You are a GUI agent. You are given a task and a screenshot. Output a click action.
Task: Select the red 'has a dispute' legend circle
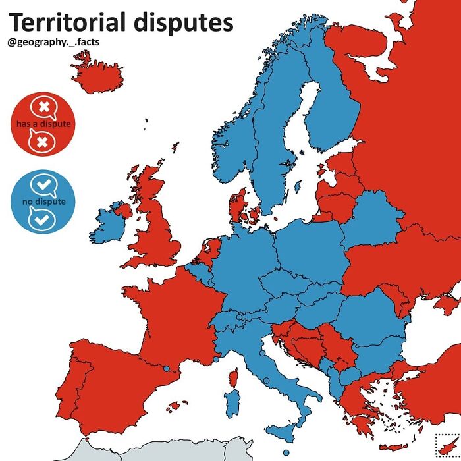pyautogui.click(x=43, y=124)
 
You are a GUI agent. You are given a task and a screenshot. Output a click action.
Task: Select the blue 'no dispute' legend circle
pyautogui.click(x=43, y=201)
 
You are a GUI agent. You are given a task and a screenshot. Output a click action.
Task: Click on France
pyautogui.click(x=178, y=310)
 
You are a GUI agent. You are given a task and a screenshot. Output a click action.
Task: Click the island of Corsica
pyautogui.click(x=233, y=377)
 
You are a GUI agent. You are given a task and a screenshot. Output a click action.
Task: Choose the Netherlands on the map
pyautogui.click(x=209, y=252)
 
